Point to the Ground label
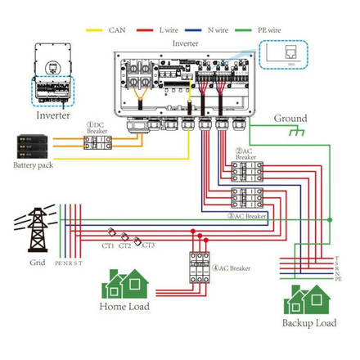pos(290,119)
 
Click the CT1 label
pos(107,245)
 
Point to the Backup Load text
pos(309,323)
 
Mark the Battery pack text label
pos(34,166)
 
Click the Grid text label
pos(38,263)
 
